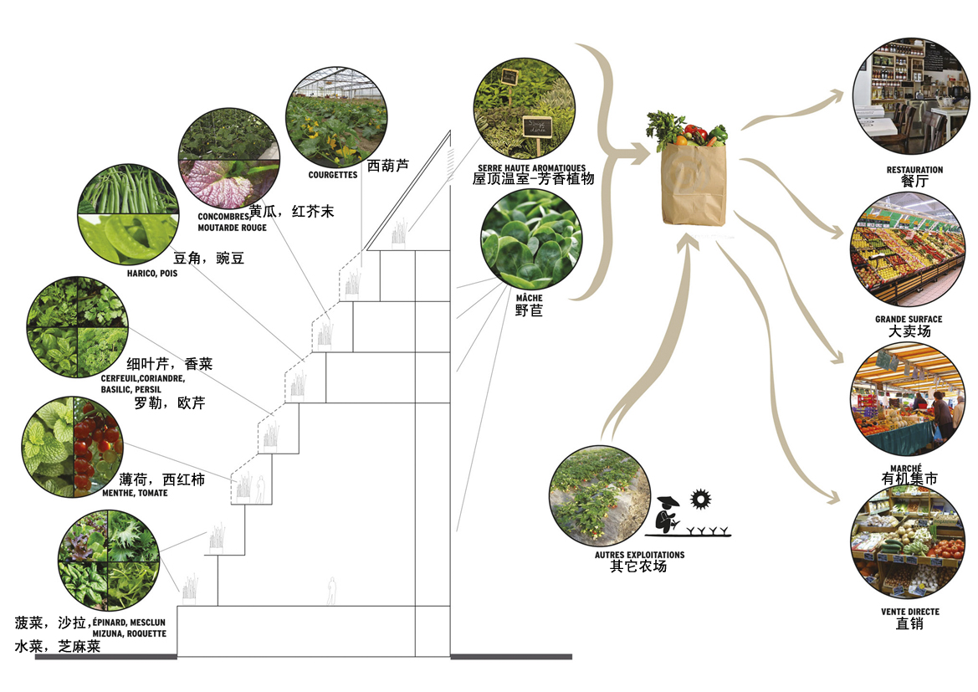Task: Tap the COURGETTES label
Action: tap(332, 175)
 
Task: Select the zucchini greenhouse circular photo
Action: tap(336, 117)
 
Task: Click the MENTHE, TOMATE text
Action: tap(135, 493)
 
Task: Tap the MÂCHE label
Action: tap(529, 298)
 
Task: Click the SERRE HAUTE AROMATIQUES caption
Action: tap(531, 168)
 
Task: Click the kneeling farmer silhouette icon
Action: tap(668, 515)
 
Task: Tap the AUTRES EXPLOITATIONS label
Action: tap(639, 555)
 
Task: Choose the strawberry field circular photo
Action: tap(598, 496)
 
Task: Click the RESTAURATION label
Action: tap(914, 169)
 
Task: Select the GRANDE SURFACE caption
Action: tap(909, 320)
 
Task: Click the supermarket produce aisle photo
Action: tap(908, 252)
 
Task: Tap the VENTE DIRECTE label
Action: tap(909, 612)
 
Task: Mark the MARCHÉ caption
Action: tap(909, 468)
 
